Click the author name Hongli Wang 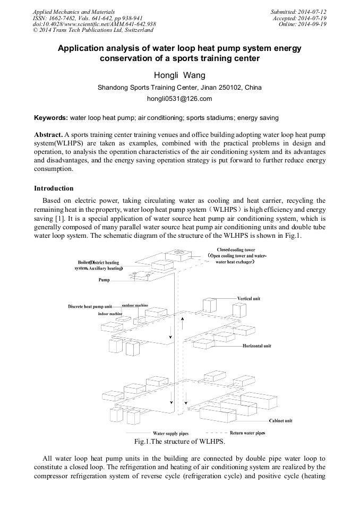179,76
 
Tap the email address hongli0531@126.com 179,99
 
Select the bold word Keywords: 51,117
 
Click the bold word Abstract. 48,135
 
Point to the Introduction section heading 54,188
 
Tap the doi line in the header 95,24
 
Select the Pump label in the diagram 104,280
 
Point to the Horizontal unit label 257,346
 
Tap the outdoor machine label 135,306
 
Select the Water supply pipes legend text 170,434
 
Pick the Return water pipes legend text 247,433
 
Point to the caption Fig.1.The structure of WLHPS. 180,442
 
